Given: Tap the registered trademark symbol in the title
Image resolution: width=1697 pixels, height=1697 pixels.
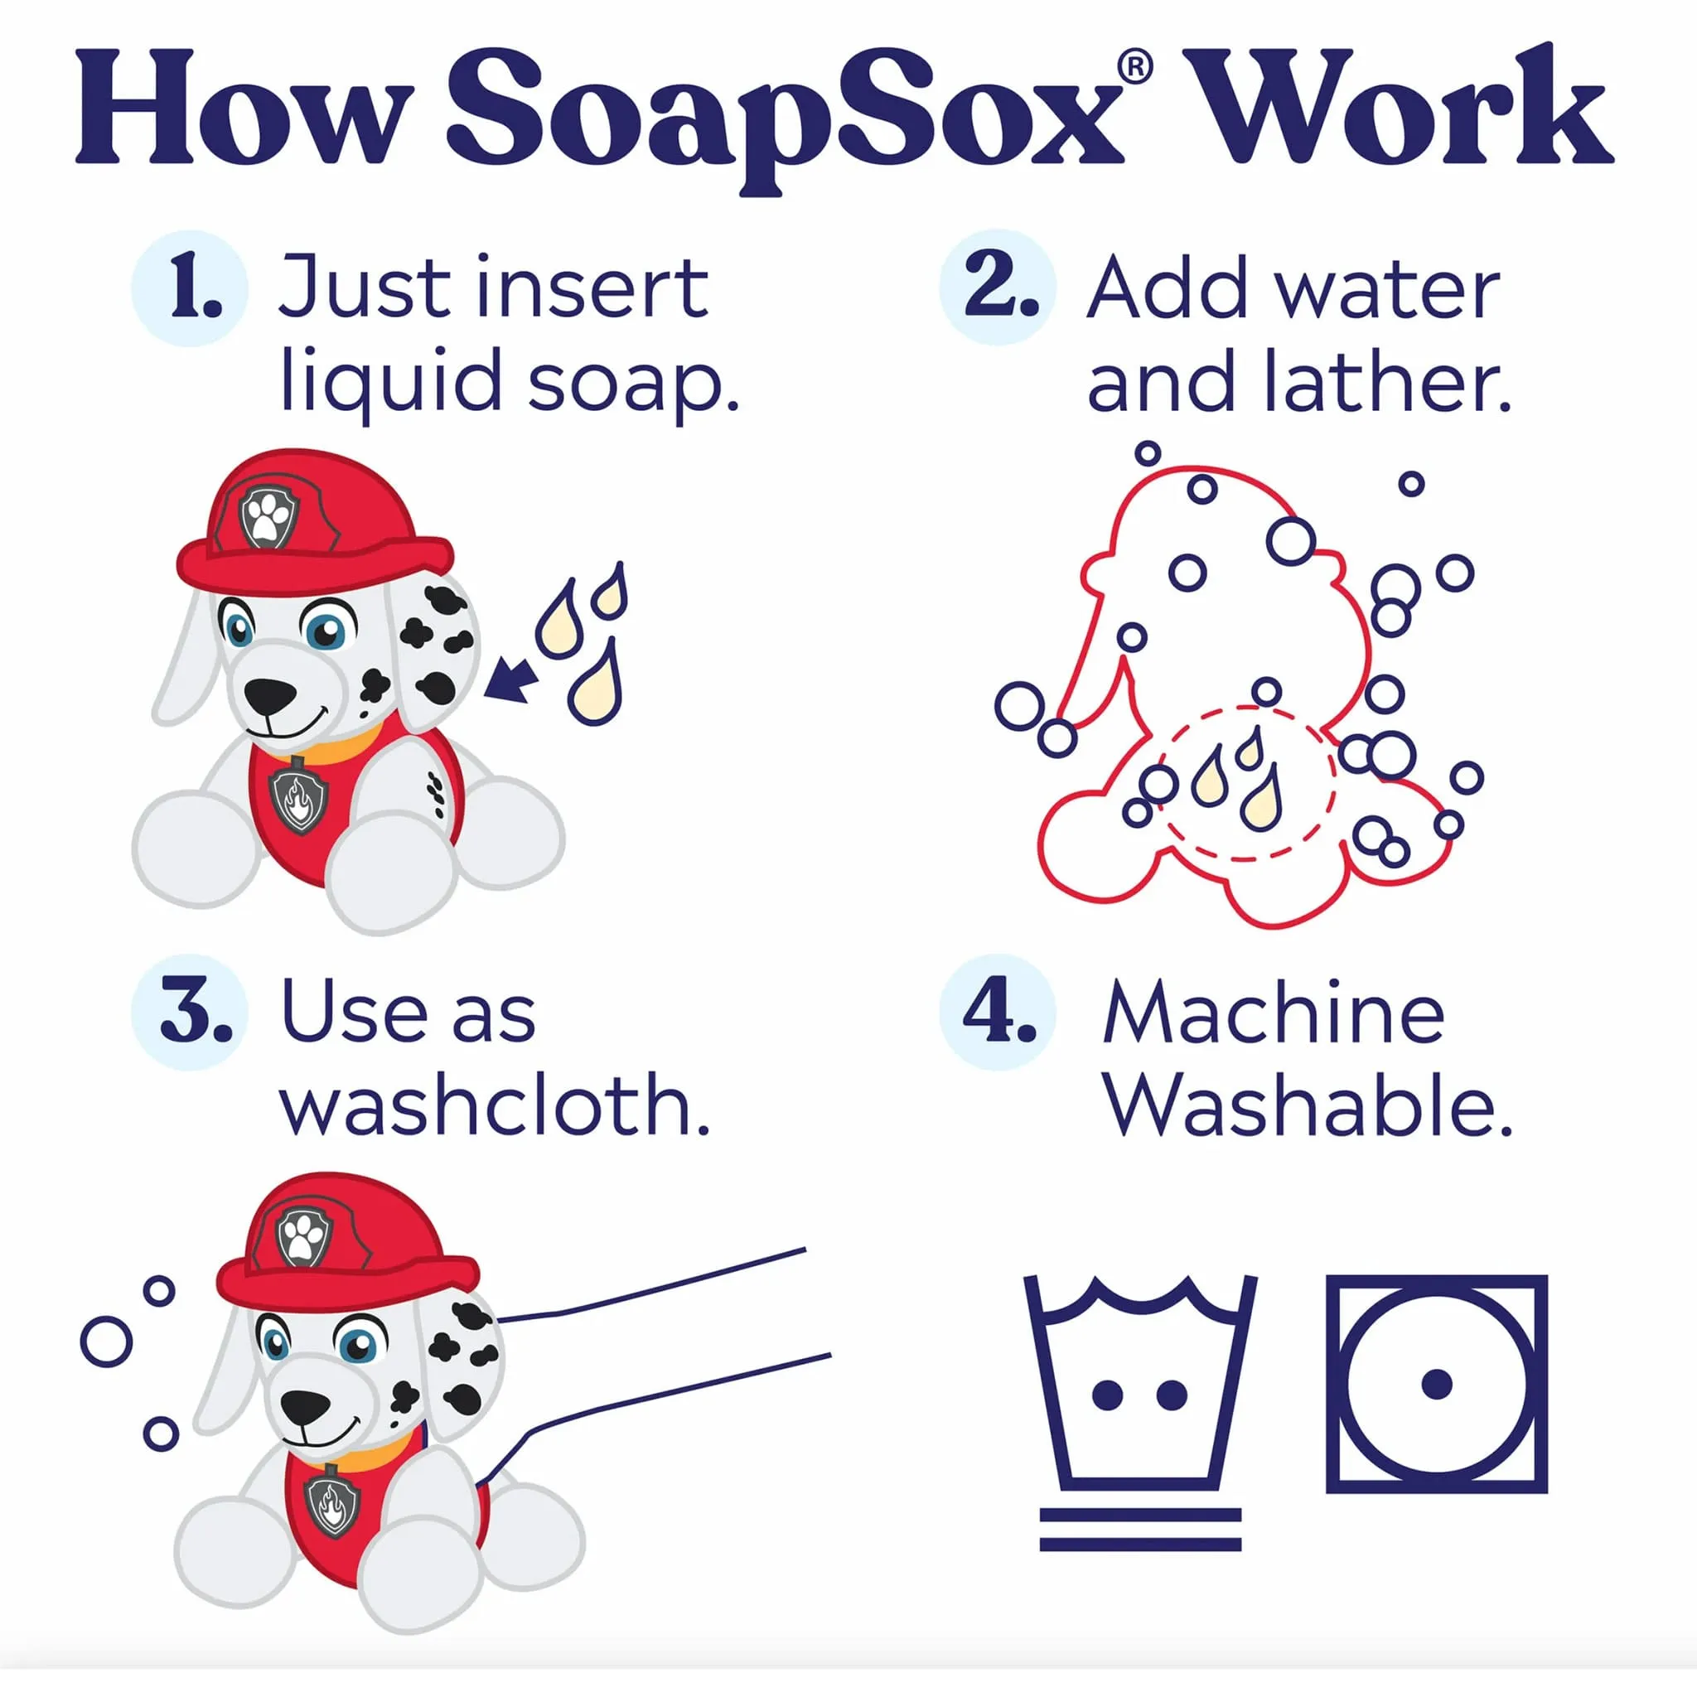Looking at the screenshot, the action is pyautogui.click(x=1135, y=69).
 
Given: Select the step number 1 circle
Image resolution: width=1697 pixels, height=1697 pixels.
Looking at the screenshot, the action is pyautogui.click(x=190, y=288).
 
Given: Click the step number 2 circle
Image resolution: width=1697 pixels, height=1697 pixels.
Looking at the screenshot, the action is pyautogui.click(x=998, y=288).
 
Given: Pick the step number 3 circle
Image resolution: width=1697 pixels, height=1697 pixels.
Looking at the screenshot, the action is pyautogui.click(x=190, y=1013).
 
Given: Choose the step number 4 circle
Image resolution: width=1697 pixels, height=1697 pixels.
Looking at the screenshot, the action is pyautogui.click(x=998, y=1013).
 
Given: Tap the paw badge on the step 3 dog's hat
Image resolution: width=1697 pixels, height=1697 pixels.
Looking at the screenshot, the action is pyautogui.click(x=303, y=1238).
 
